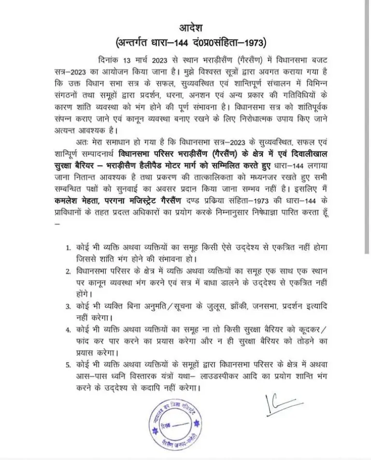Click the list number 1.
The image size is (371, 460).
pos(69,247)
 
